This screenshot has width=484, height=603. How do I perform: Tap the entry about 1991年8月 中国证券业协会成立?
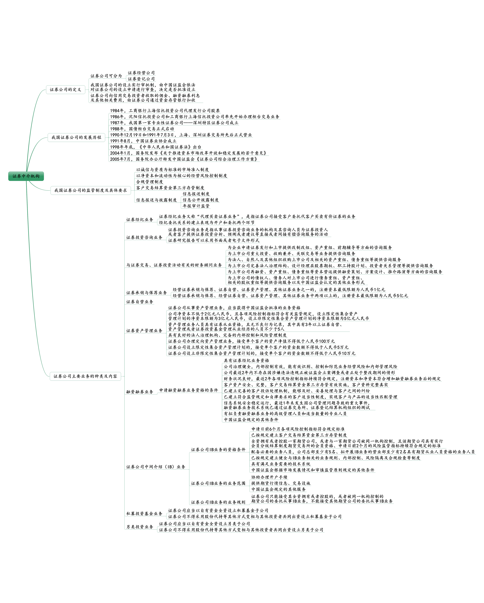click(143, 141)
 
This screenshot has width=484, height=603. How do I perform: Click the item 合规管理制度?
click(150, 182)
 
